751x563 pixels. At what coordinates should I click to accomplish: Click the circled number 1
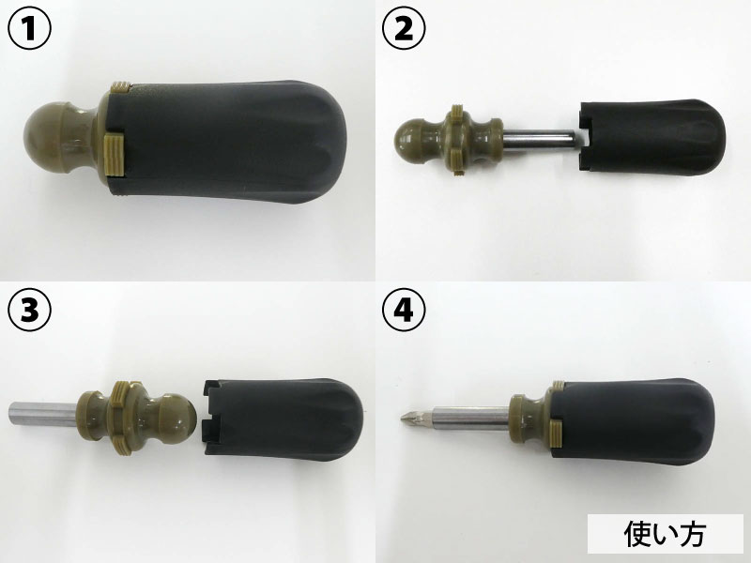[30, 29]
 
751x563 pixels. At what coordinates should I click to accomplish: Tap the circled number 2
[404, 29]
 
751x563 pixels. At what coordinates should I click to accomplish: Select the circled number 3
[30, 311]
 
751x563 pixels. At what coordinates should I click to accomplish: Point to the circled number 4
[404, 311]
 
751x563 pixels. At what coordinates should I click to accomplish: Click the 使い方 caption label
[665, 533]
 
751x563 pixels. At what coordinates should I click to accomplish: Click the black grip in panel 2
[652, 137]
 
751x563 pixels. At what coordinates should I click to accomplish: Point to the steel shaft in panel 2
[539, 140]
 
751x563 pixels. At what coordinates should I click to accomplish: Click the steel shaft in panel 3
[43, 415]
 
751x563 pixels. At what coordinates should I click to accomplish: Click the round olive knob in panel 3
[176, 418]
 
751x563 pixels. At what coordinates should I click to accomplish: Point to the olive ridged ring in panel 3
[125, 418]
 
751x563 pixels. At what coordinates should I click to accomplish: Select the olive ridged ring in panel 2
[458, 140]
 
